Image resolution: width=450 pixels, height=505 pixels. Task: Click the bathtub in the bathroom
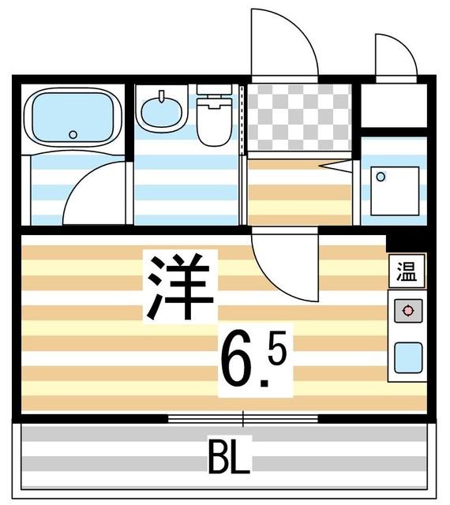(72, 118)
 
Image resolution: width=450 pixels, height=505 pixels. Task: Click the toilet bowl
(212, 125)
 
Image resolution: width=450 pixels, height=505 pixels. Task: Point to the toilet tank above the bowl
(213, 92)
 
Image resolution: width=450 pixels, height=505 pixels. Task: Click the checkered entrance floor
(298, 117)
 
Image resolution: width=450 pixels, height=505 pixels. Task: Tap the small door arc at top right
(395, 55)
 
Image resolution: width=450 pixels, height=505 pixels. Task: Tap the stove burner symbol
(407, 311)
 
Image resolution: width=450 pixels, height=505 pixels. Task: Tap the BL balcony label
(229, 457)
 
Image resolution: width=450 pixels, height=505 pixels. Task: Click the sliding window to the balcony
(242, 417)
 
